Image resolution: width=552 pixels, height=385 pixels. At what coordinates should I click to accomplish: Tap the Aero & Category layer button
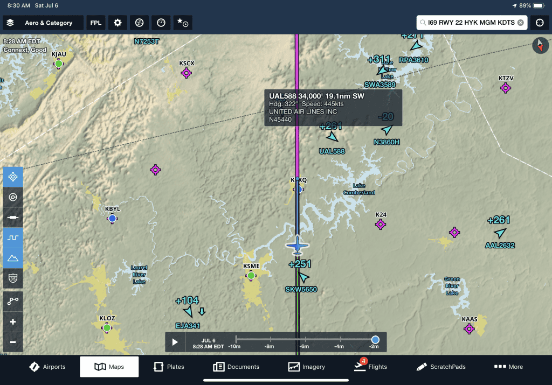[43, 23]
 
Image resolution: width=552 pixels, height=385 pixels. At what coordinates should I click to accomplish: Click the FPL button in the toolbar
[96, 23]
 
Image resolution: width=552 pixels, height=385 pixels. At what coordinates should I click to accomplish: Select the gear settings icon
[118, 23]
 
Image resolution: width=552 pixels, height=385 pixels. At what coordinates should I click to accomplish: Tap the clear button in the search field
[520, 23]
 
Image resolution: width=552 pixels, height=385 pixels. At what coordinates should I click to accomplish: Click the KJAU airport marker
[59, 64]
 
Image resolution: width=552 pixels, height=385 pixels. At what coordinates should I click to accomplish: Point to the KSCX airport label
[187, 63]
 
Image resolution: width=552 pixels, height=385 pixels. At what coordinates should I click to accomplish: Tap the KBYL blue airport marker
[112, 218]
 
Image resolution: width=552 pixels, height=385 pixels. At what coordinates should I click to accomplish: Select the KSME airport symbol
[251, 276]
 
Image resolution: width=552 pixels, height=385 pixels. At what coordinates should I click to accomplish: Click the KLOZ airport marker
[107, 327]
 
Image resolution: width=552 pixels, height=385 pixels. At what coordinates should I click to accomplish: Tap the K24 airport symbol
[381, 224]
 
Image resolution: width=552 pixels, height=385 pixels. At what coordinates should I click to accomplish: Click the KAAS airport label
[470, 319]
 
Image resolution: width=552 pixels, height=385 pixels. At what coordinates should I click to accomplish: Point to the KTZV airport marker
[506, 88]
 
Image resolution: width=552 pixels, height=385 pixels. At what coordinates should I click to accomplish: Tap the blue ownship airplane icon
[297, 245]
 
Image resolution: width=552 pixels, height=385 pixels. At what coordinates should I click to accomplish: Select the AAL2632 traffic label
[500, 246]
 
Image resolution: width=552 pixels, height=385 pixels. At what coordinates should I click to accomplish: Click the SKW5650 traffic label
[301, 290]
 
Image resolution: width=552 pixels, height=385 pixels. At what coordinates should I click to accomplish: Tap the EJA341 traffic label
[188, 326]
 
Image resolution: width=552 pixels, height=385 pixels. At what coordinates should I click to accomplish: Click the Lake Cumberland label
[360, 189]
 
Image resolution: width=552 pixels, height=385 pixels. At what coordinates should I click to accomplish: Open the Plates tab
[169, 367]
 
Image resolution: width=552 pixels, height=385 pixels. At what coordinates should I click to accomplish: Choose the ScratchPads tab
[441, 367]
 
